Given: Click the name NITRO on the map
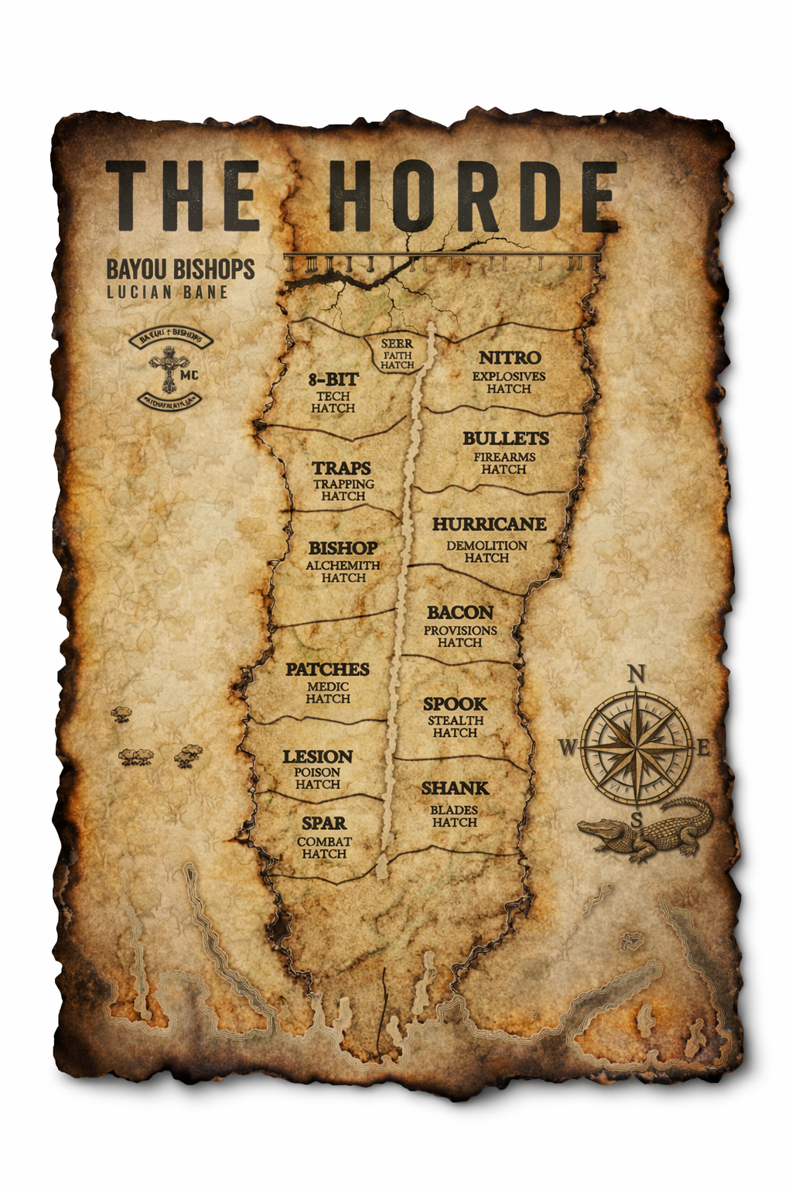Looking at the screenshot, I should pyautogui.click(x=509, y=358).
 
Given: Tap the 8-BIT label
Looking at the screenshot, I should pyautogui.click(x=333, y=379).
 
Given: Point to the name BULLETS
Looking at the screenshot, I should pyautogui.click(x=506, y=438).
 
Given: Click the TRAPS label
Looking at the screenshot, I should pyautogui.click(x=341, y=468).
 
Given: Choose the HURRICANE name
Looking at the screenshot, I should pyautogui.click(x=489, y=524).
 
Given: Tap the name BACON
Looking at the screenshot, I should pyautogui.click(x=459, y=612).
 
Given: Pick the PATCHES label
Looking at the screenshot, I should pyautogui.click(x=327, y=669).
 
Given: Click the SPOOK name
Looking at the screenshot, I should pyautogui.click(x=455, y=704).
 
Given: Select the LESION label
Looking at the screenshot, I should pyautogui.click(x=317, y=756).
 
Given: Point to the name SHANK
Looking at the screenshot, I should pyautogui.click(x=455, y=788).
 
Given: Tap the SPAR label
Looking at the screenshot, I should pyautogui.click(x=324, y=823).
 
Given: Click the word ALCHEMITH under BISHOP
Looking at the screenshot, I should pyautogui.click(x=343, y=565).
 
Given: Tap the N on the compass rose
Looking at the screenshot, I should pyautogui.click(x=636, y=673).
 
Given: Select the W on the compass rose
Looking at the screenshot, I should pyautogui.click(x=568, y=748).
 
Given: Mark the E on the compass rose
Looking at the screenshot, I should pyautogui.click(x=703, y=748).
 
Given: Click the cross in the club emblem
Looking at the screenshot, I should pyautogui.click(x=168, y=367).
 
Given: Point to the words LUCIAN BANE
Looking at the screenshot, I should pyautogui.click(x=167, y=292).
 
